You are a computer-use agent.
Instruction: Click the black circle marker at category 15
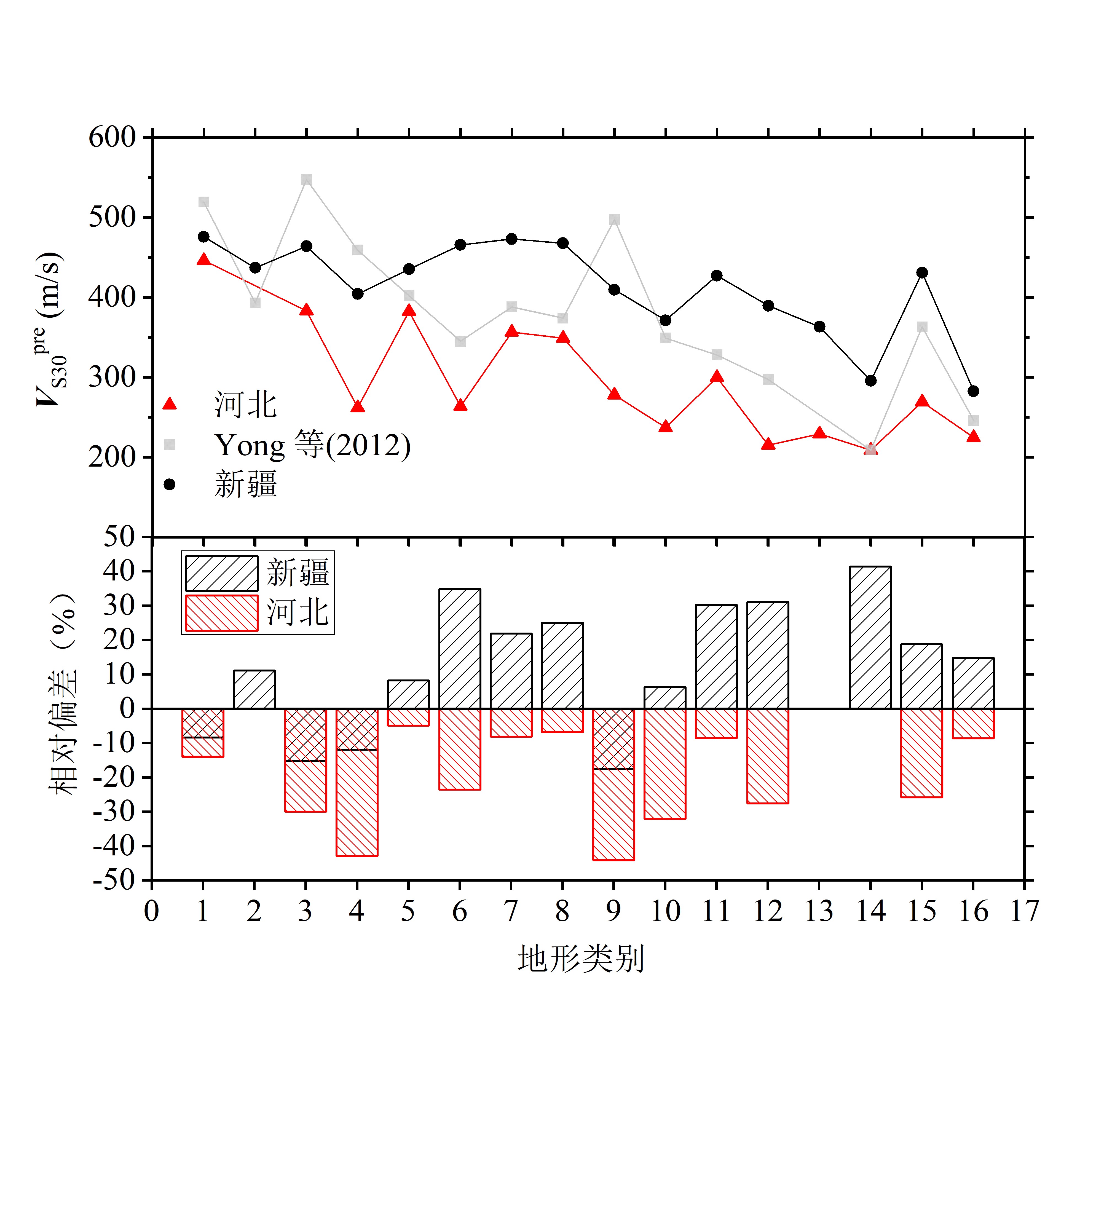click(x=922, y=272)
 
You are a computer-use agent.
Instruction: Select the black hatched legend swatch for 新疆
click(x=221, y=573)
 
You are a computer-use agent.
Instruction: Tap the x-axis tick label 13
click(x=819, y=911)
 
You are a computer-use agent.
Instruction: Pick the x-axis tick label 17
click(x=1024, y=911)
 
